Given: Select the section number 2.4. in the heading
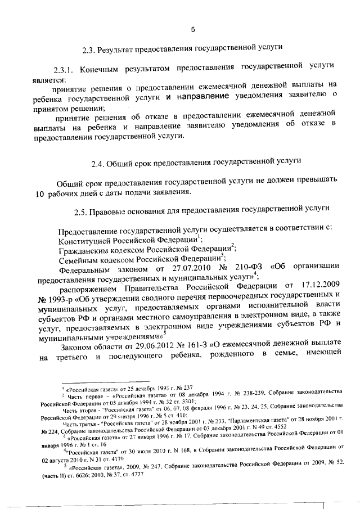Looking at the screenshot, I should pos(100,163).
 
